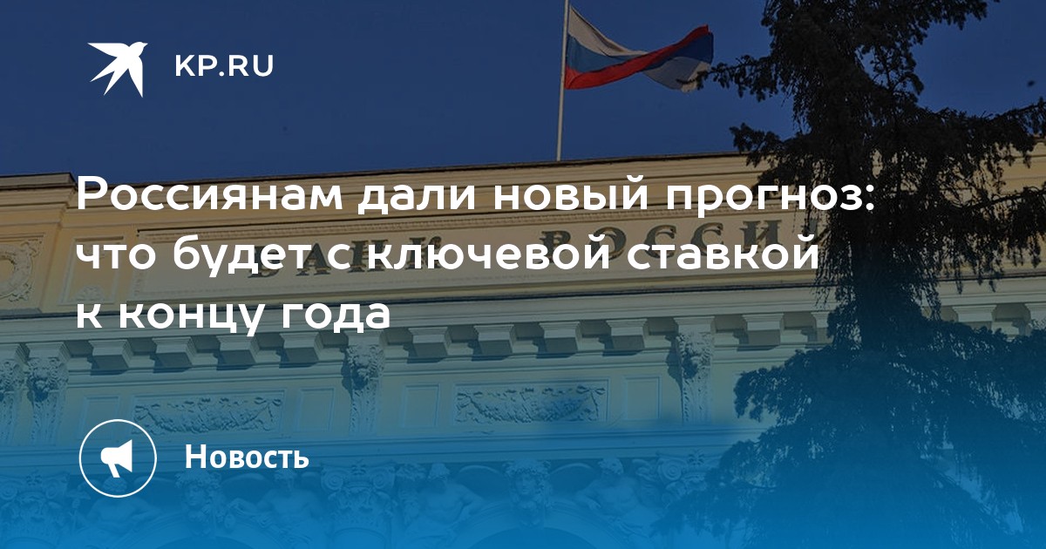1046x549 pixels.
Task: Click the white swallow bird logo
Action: (x=117, y=68)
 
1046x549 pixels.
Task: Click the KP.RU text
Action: (x=224, y=66)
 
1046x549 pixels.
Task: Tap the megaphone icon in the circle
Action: (x=118, y=458)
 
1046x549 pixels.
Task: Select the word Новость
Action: (x=247, y=456)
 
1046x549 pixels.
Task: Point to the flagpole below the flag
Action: (x=560, y=126)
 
